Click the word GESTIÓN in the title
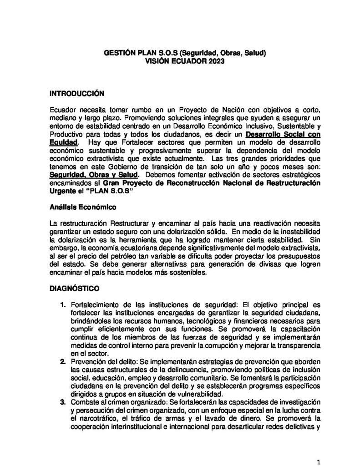pos(118,53)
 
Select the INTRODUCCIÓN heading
pos(77,94)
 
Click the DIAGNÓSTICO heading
pos(73,289)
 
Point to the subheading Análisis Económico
pos(83,207)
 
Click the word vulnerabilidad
pos(201,394)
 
